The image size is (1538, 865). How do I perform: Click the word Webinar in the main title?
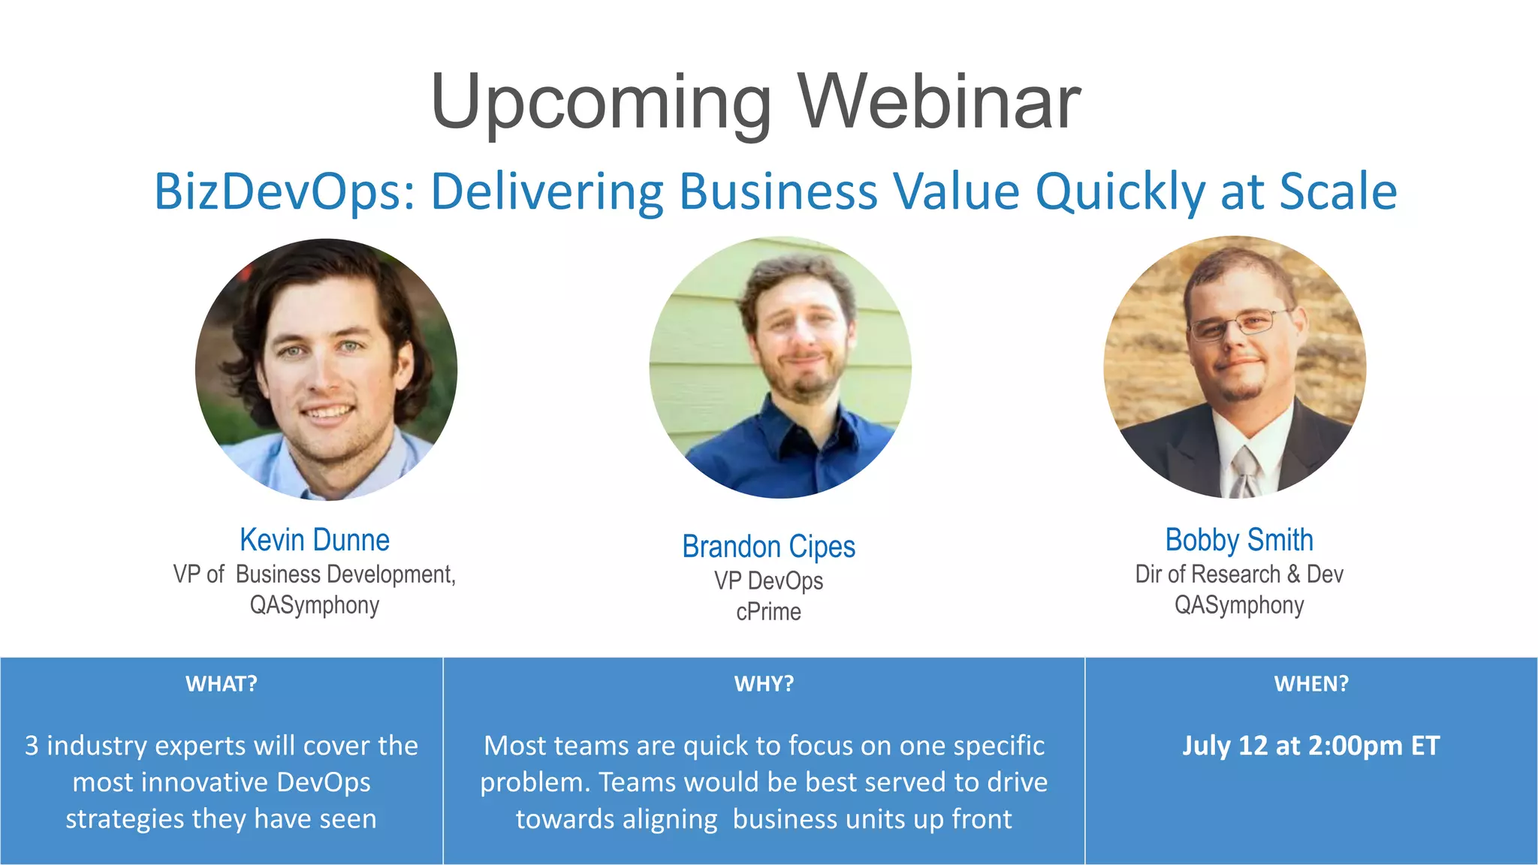[939, 102]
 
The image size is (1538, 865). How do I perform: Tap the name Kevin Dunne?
[315, 540]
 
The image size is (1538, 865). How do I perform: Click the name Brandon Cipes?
[768, 547]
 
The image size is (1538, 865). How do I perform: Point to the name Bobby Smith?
[1239, 540]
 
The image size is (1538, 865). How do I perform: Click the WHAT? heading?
[222, 683]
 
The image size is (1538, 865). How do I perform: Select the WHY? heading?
[764, 683]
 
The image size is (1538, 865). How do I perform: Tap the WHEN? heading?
[1311, 683]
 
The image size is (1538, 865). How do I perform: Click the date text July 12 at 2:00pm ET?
[1311, 746]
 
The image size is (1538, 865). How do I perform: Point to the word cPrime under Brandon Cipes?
[768, 612]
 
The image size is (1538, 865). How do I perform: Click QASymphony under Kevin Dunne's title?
[315, 605]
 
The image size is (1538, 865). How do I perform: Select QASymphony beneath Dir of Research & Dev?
[1239, 605]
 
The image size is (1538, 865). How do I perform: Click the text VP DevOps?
[768, 581]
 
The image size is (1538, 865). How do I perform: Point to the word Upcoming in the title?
[601, 104]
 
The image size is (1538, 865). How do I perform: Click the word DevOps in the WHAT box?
[323, 782]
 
